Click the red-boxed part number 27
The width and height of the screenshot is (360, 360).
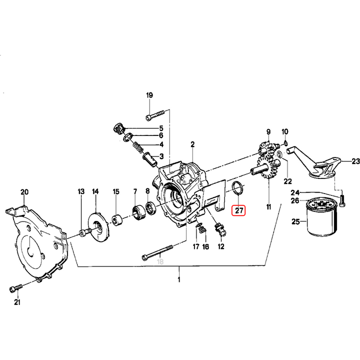coord(239,210)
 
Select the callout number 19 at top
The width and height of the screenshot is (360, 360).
coord(149,95)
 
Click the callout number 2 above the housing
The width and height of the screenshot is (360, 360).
coord(192,145)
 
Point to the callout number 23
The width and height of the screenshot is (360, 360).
coord(354,161)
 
